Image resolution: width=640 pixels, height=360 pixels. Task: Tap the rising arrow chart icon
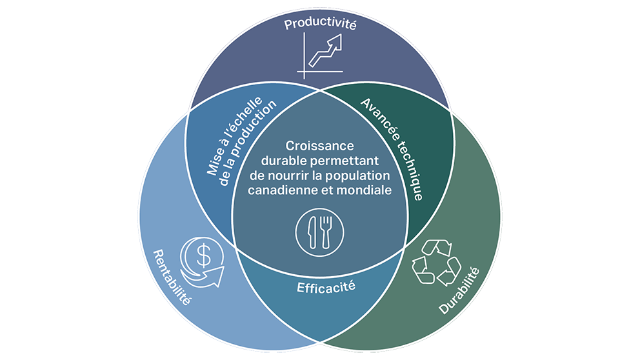319,55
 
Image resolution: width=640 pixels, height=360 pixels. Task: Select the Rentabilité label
173,278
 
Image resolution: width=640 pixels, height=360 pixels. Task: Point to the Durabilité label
460,291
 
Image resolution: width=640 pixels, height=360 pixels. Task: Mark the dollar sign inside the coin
203,256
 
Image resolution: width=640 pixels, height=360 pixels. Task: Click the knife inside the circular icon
312,232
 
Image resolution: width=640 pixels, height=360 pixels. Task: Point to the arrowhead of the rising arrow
335,43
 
